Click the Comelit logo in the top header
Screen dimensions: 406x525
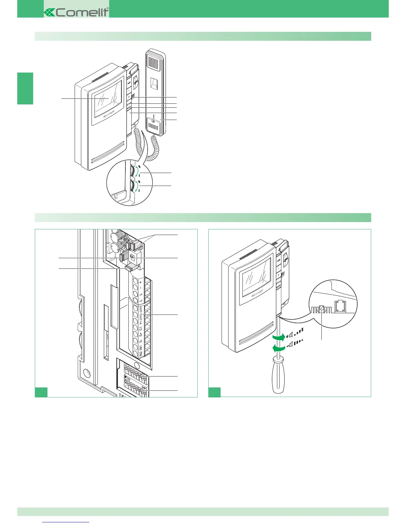pos(76,12)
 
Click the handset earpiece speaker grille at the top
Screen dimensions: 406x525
pos(154,61)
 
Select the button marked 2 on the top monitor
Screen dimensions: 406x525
pos(129,97)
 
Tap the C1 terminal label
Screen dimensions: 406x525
pos(141,328)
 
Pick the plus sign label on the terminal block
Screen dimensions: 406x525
pos(141,282)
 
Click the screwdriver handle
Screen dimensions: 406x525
pos(279,375)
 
